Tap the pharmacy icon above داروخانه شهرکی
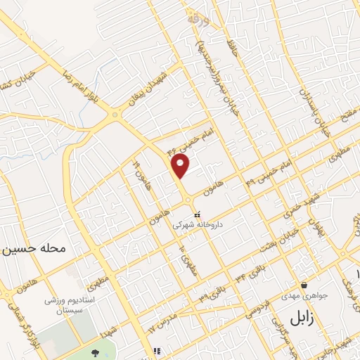[x=196, y=214]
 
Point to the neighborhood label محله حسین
[x=34, y=248]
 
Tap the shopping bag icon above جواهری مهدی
[x=304, y=285]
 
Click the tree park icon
[x=96, y=350]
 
